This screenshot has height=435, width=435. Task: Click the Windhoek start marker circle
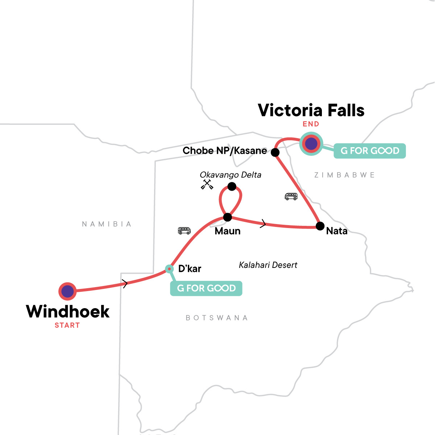coord(67,291)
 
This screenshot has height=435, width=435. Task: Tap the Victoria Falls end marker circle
coord(311,144)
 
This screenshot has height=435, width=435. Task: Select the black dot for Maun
coord(227,217)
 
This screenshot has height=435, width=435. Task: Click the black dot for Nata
coord(320,226)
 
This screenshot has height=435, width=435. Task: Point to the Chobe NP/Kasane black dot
coord(275,152)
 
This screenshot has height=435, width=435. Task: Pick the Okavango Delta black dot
coord(232,187)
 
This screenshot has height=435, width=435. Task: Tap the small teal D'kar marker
coord(169,269)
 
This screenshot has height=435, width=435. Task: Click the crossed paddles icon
coord(207,185)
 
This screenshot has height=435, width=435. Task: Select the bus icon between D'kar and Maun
coord(184,231)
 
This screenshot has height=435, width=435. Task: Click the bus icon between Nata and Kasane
coord(291,196)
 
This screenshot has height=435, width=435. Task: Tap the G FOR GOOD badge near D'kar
coord(206,288)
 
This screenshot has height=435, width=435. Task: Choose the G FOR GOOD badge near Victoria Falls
coord(369,150)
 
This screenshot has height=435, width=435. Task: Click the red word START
coord(67,325)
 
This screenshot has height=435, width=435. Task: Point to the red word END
coord(311,124)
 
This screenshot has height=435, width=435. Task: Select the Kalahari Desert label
coord(268,265)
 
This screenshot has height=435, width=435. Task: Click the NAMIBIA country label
coord(107,224)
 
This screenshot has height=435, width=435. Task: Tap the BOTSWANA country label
coord(217,318)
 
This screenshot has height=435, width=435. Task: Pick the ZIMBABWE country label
coord(344,175)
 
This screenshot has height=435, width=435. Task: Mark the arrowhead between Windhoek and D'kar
coord(125,284)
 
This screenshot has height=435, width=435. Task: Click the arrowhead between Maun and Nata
coord(263,224)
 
